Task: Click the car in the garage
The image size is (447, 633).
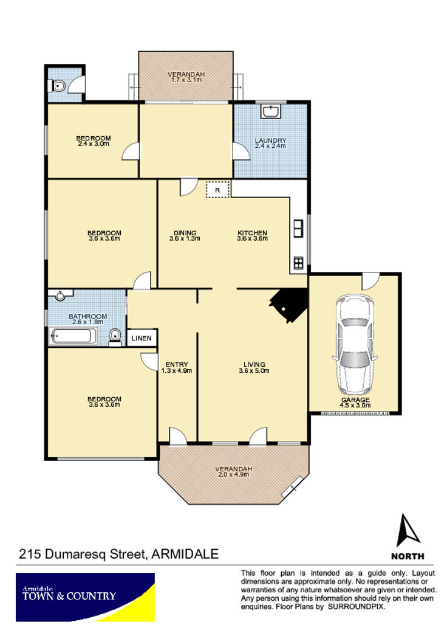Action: [355, 345]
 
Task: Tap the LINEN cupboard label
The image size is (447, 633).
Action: [142, 338]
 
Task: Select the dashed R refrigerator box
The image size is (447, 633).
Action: [217, 190]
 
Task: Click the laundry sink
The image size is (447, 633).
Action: [270, 111]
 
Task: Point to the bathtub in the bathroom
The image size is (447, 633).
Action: [73, 336]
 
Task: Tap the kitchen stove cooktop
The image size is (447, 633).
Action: [298, 263]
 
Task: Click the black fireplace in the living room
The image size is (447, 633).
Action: [289, 306]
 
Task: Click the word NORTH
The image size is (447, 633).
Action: [408, 556]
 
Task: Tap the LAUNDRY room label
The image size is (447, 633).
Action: [270, 140]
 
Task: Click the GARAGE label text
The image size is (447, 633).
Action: [355, 400]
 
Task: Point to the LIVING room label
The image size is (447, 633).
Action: [254, 364]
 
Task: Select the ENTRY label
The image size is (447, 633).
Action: [177, 364]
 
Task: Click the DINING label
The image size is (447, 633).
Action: [185, 233]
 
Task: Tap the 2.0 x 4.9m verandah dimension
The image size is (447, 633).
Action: [234, 474]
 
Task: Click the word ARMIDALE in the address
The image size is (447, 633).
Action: [185, 553]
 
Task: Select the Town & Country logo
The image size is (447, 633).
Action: [85, 597]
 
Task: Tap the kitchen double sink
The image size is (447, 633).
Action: [298, 229]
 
